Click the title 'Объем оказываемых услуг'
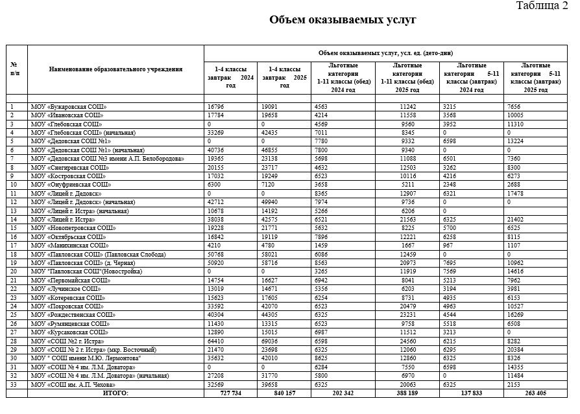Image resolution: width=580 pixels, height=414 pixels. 343,21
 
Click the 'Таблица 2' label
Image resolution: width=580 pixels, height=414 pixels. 542,6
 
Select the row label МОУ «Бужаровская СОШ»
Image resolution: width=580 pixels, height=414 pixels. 69,106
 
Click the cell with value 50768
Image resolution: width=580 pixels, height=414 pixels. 216,255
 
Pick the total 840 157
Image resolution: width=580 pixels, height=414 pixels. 276,393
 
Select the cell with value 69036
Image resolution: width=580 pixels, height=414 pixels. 270,340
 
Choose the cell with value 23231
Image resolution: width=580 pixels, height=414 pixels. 403,314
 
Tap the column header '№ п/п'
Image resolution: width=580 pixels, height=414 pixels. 14,68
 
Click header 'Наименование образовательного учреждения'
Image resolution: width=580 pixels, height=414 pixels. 116,69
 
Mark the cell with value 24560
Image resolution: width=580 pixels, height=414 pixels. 403,340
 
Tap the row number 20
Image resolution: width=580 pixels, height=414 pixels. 12,271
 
